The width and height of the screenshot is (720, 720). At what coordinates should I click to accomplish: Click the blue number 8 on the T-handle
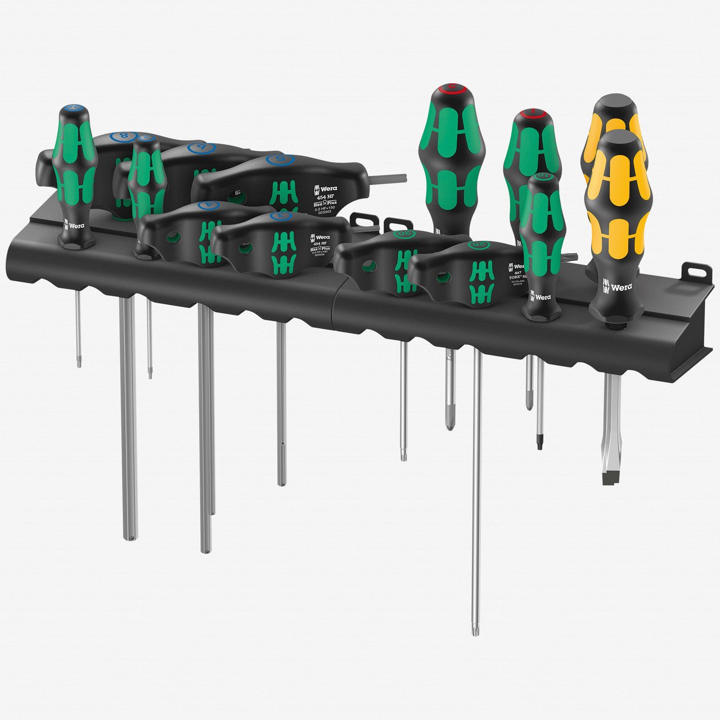pyautogui.click(x=120, y=137)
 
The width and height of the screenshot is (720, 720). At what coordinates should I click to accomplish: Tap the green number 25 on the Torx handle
pyautogui.click(x=479, y=245)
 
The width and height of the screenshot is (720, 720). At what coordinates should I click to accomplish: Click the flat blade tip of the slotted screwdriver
pyautogui.click(x=610, y=479)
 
